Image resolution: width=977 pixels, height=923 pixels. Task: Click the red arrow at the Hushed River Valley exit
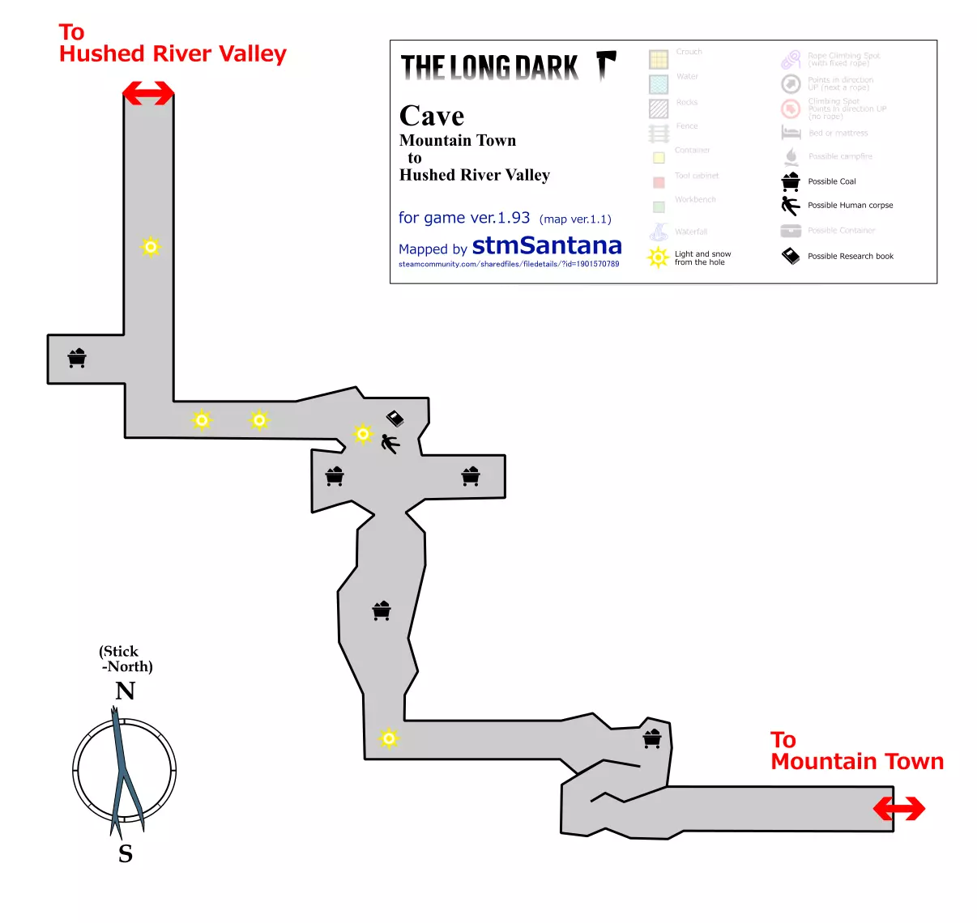(x=148, y=93)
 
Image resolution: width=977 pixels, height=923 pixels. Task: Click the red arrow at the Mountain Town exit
(x=899, y=808)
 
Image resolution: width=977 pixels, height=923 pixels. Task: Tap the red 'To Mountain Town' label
(x=856, y=751)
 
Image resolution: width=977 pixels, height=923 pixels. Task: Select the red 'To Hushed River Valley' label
(x=173, y=44)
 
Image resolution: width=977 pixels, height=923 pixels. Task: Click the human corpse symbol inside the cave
(x=390, y=444)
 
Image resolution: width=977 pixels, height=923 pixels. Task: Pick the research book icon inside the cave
(x=395, y=418)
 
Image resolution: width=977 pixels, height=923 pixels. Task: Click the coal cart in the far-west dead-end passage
(x=77, y=358)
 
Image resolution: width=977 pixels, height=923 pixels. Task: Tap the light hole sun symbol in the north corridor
(x=151, y=246)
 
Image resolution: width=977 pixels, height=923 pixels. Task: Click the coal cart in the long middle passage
(x=382, y=610)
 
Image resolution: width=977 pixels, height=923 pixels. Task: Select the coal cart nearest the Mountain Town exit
(x=652, y=738)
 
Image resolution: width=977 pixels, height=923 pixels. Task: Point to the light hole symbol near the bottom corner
(x=389, y=738)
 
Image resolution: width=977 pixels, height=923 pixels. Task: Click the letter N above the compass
(x=125, y=691)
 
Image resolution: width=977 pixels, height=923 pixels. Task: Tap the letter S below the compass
(x=126, y=854)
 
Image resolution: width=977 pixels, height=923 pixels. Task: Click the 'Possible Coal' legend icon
(x=791, y=181)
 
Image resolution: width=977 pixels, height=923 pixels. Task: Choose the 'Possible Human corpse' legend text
(x=850, y=206)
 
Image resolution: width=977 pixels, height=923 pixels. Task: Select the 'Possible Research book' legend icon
(x=791, y=256)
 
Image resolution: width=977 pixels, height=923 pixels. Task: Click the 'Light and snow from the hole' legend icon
(x=658, y=257)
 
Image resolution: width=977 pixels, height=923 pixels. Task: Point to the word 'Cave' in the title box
(x=432, y=117)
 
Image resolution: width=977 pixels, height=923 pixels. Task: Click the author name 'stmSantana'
(x=547, y=245)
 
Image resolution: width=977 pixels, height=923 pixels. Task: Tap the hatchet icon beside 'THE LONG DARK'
(x=606, y=65)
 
